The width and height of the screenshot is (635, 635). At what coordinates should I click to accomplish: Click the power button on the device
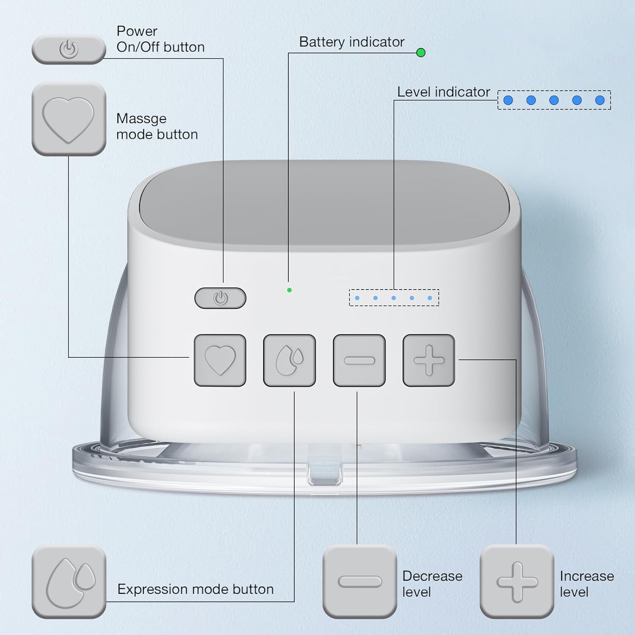click(220, 298)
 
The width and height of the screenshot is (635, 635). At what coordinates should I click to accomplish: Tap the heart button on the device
click(220, 360)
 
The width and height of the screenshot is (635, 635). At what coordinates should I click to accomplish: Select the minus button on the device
click(359, 360)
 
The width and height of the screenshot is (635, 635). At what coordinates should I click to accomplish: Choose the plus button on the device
click(429, 360)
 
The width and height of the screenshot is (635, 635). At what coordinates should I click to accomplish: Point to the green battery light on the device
click(289, 290)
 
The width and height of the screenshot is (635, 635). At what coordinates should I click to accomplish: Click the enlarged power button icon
click(69, 50)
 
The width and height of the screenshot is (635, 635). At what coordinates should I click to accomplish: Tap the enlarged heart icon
click(69, 119)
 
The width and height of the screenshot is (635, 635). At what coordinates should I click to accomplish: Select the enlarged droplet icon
click(69, 582)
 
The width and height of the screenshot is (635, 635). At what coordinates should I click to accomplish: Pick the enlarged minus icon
click(359, 582)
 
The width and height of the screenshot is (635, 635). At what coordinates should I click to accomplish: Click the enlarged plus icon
click(517, 582)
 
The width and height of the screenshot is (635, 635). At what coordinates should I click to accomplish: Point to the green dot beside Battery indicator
click(421, 52)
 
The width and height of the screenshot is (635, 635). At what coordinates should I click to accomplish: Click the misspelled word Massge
click(141, 119)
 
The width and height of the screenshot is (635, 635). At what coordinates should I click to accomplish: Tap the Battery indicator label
click(351, 42)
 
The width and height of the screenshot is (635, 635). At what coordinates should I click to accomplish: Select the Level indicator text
click(443, 92)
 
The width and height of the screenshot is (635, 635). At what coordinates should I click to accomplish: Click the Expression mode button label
click(196, 589)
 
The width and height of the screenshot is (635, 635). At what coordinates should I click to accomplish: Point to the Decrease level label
click(432, 584)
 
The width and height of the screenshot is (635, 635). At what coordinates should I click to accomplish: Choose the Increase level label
click(586, 584)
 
